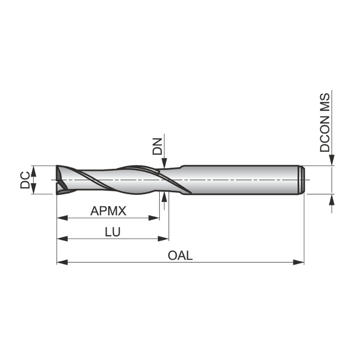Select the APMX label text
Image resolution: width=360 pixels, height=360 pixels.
(x=108, y=210)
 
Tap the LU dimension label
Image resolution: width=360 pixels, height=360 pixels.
(x=112, y=232)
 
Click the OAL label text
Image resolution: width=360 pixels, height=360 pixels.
(x=180, y=255)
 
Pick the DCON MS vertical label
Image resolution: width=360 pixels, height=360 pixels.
(x=325, y=122)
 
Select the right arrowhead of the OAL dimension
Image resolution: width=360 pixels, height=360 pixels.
(x=298, y=262)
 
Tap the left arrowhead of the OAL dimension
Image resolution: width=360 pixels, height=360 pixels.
(x=62, y=262)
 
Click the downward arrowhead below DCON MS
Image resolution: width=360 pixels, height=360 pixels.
(x=332, y=161)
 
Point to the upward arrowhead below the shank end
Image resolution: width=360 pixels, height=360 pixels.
(x=332, y=200)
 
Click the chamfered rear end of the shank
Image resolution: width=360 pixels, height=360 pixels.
(x=302, y=180)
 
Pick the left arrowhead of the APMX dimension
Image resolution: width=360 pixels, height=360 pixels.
(x=62, y=219)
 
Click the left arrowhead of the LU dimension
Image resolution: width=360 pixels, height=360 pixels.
(x=62, y=239)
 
